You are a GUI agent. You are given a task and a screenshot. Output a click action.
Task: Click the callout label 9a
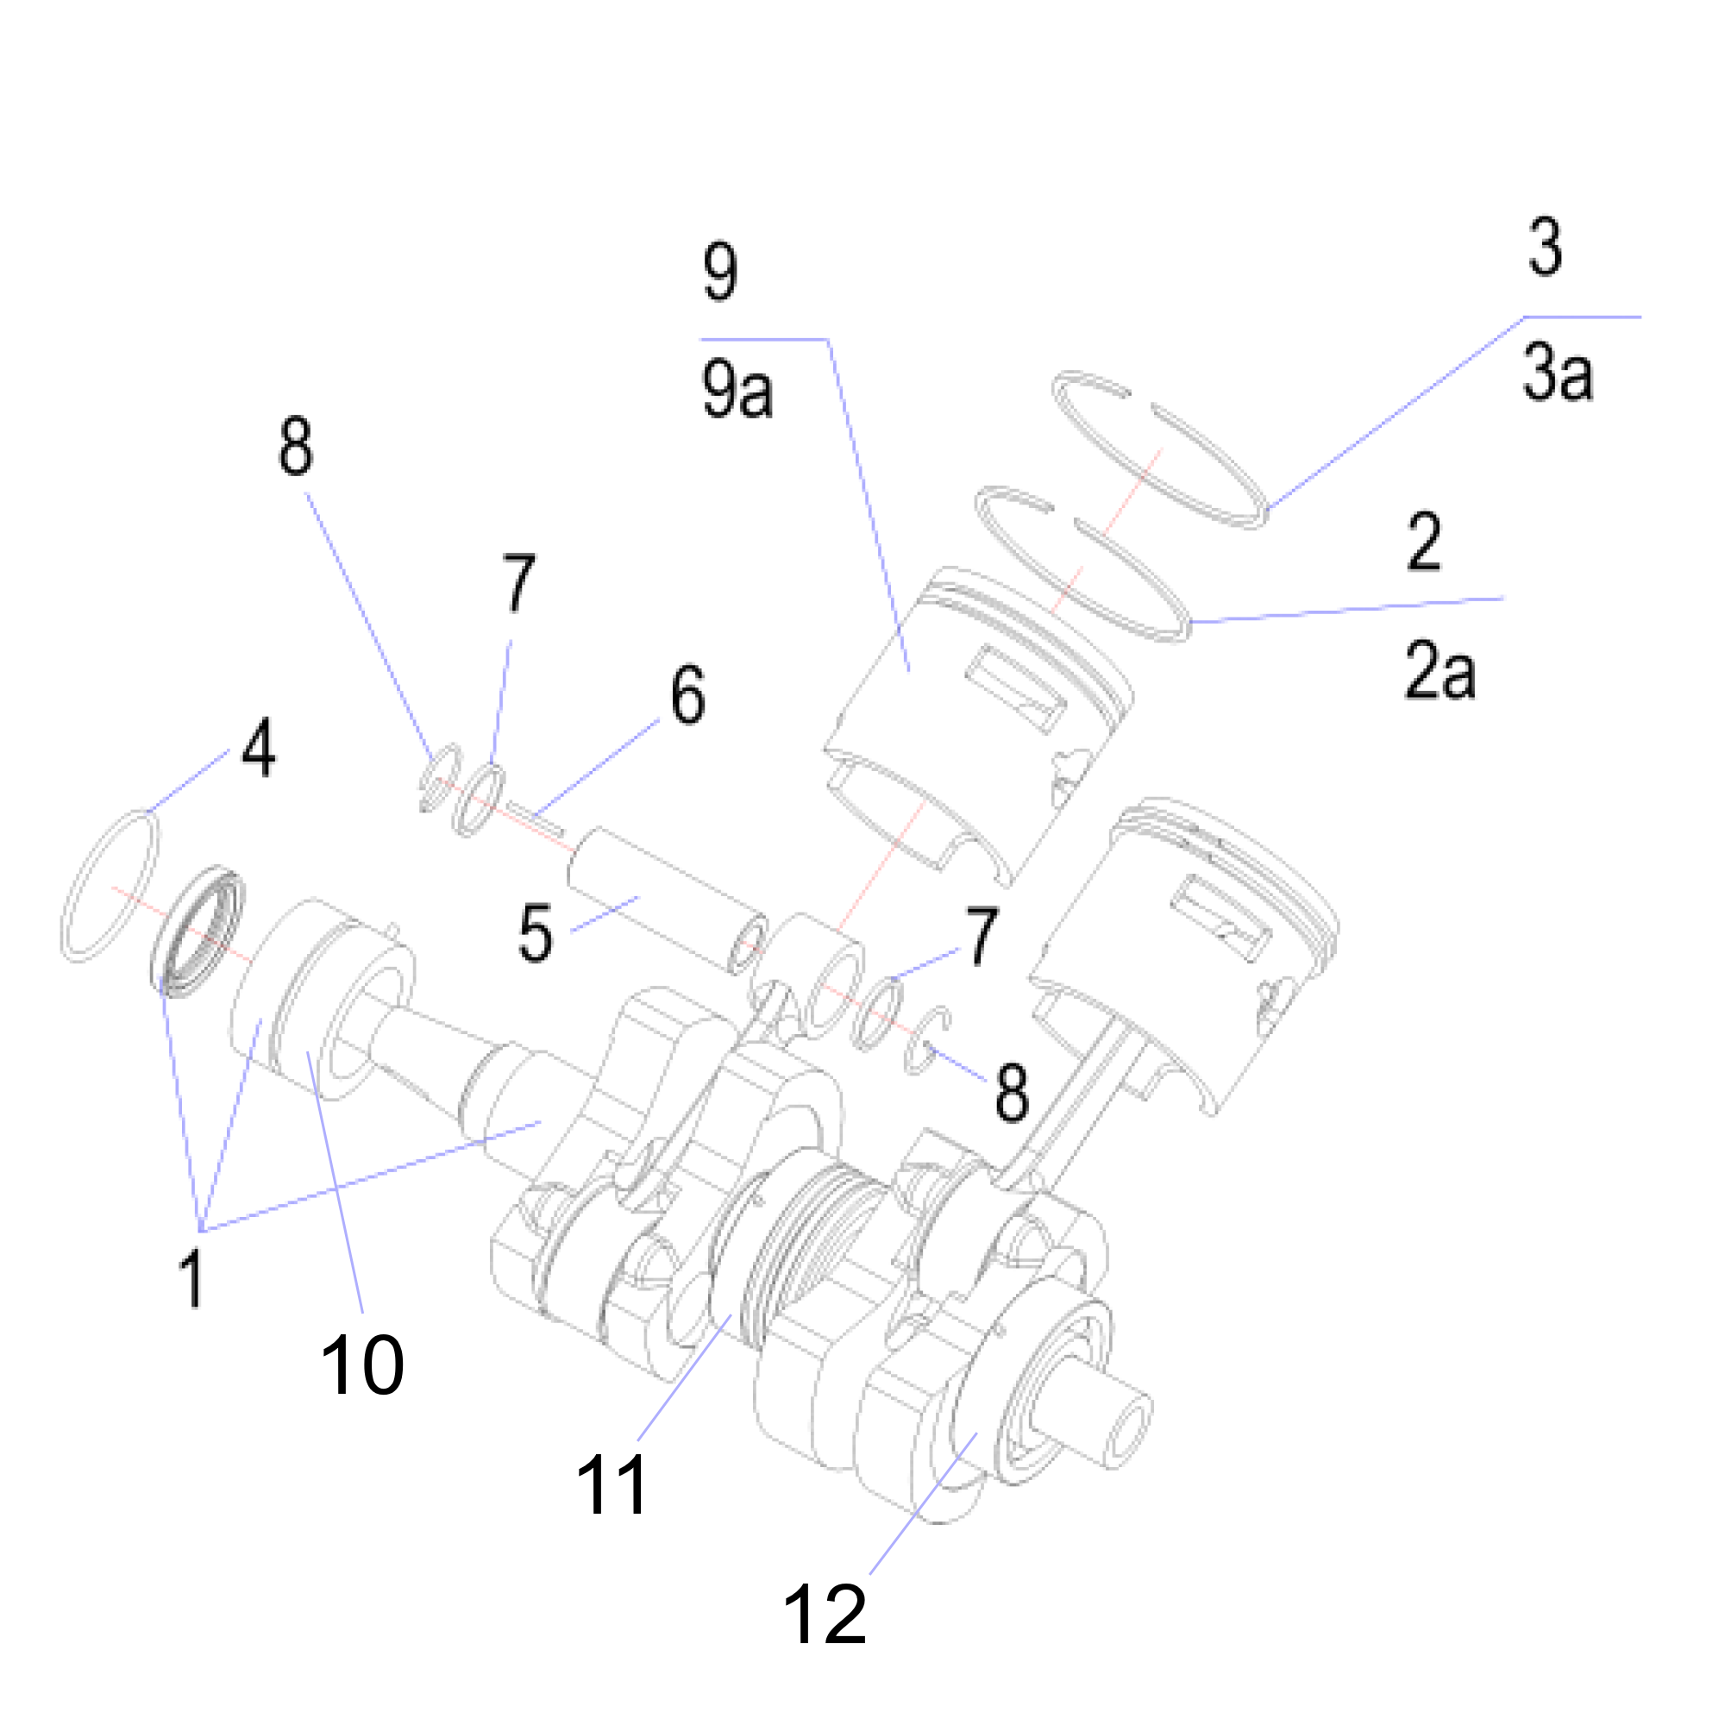[737, 391]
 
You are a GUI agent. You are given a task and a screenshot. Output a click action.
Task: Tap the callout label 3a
[1557, 373]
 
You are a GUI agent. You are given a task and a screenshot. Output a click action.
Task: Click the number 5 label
[535, 933]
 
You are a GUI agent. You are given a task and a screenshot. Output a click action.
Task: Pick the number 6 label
[687, 693]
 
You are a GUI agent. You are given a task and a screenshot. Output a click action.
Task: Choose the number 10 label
[361, 1364]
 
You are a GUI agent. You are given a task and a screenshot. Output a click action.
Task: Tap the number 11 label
[612, 1483]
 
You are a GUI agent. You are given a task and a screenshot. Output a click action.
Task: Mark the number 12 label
[824, 1614]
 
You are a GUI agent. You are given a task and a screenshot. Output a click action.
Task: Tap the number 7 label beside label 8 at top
[517, 582]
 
